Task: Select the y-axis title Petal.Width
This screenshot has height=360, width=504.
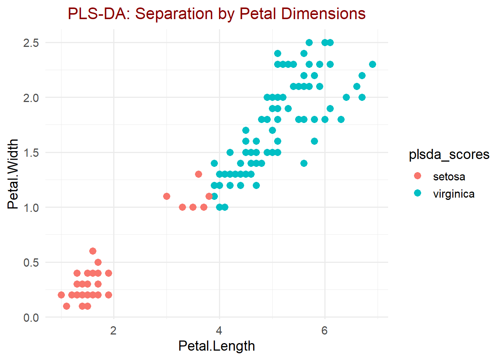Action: pyautogui.click(x=13, y=174)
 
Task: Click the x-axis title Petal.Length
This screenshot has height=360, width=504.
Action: pyautogui.click(x=216, y=346)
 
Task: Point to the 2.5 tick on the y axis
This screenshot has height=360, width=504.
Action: pyautogui.click(x=31, y=43)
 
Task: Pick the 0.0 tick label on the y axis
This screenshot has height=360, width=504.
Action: pyautogui.click(x=31, y=318)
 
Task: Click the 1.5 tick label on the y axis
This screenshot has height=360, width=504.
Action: pyautogui.click(x=31, y=153)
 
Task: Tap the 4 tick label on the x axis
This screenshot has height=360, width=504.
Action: pyautogui.click(x=219, y=331)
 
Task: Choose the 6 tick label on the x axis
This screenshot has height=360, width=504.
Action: pyautogui.click(x=324, y=331)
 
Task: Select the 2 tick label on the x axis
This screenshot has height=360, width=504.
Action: pyautogui.click(x=114, y=331)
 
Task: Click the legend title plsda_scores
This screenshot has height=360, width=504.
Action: pyautogui.click(x=449, y=154)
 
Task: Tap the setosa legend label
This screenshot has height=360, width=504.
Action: pyautogui.click(x=449, y=177)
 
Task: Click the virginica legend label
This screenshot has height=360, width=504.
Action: pyautogui.click(x=453, y=194)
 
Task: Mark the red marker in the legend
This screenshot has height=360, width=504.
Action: pyautogui.click(x=417, y=176)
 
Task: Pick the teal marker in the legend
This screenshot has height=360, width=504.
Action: pyautogui.click(x=417, y=193)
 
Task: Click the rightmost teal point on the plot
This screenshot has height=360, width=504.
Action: pyautogui.click(x=372, y=64)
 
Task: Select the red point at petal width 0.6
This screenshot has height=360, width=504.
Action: pyautogui.click(x=93, y=251)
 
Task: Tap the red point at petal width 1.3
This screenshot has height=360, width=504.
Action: pyautogui.click(x=198, y=174)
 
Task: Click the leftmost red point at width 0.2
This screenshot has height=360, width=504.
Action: pyautogui.click(x=61, y=295)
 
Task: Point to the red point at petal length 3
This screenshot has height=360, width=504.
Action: pyautogui.click(x=166, y=196)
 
